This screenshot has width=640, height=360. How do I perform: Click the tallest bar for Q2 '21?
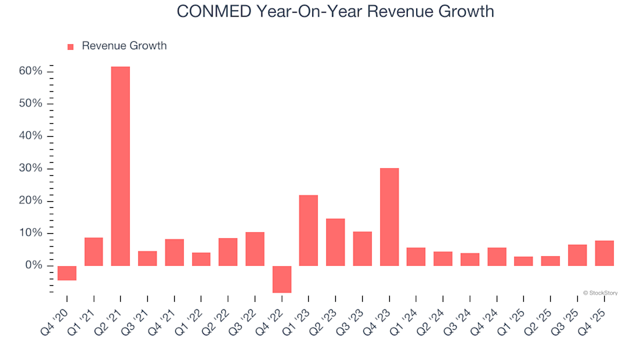pos(121,166)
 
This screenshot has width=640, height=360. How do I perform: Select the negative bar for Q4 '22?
pos(282,279)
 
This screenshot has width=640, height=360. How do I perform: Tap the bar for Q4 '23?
pos(389,217)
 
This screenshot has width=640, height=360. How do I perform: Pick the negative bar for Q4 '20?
pos(67,273)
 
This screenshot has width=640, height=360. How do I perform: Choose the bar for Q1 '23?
pos(309,230)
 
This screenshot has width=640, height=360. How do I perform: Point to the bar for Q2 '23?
pos(335,242)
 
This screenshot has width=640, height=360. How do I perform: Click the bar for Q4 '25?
pos(604,253)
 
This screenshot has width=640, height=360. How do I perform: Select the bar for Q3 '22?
pos(255,249)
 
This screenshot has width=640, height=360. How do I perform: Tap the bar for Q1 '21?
pos(94,251)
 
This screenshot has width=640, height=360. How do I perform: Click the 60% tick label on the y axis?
pos(31,71)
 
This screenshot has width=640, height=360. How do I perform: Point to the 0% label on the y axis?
pos(34,265)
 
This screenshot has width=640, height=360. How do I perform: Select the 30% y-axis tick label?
pos(31,169)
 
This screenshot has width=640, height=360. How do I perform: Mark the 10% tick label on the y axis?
pos(31,233)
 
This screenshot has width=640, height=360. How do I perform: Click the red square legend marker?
pos(71,47)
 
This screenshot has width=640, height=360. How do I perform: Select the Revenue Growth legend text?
pos(124,46)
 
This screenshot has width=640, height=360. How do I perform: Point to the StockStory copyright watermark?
pos(600,292)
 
